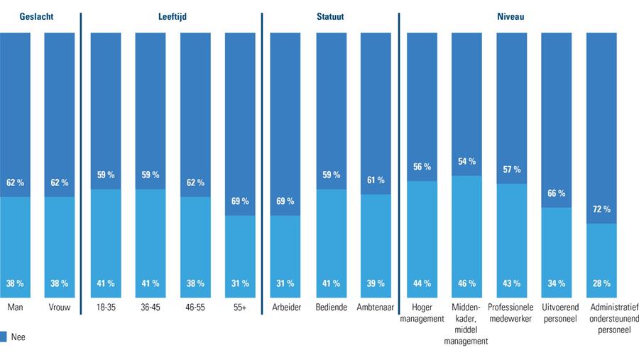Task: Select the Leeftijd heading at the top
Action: click(172, 16)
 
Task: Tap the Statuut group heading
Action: click(330, 16)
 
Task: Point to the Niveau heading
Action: click(510, 16)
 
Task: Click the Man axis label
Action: click(15, 307)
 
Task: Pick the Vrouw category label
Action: click(60, 307)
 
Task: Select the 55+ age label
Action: click(240, 307)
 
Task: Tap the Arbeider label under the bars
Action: click(285, 307)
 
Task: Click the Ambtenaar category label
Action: click(376, 307)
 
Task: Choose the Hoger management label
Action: click(421, 312)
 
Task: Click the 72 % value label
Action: click(601, 209)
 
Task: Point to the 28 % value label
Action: click(601, 283)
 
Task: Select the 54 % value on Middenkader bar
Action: click(466, 162)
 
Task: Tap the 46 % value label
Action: click(466, 283)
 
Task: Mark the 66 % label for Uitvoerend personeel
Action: click(556, 193)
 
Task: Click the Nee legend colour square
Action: click(4, 337)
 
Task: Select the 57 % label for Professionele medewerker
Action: click(511, 170)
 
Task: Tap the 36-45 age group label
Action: click(150, 307)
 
